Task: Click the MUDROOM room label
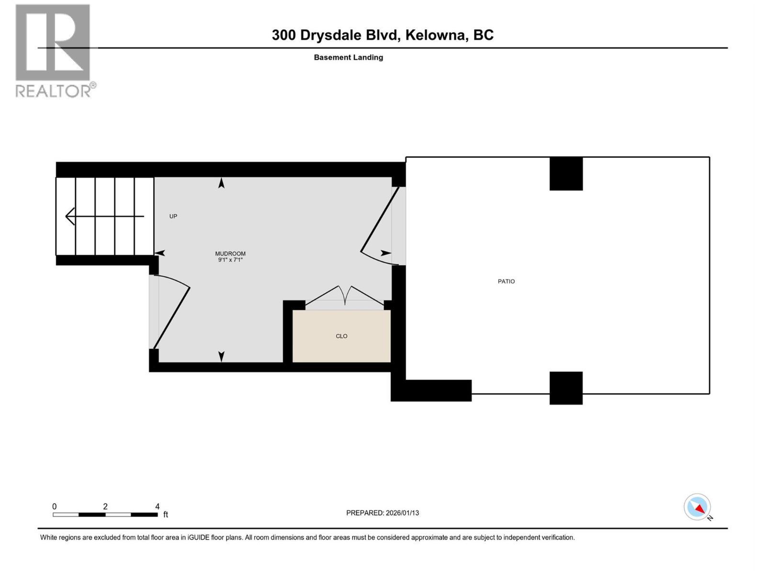[230, 253]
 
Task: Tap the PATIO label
[506, 281]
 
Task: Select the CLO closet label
[341, 336]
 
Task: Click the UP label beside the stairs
[173, 216]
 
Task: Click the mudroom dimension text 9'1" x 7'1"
[230, 260]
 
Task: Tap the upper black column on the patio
[566, 173]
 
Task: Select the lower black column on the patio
[566, 388]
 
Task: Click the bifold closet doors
[345, 296]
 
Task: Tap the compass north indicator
[698, 507]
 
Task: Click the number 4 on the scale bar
[158, 506]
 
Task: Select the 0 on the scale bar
[55, 506]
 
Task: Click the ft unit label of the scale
[166, 515]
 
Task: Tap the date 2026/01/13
[402, 513]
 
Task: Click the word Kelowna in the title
[436, 35]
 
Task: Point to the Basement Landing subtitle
[348, 57]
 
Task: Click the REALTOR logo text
[54, 91]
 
